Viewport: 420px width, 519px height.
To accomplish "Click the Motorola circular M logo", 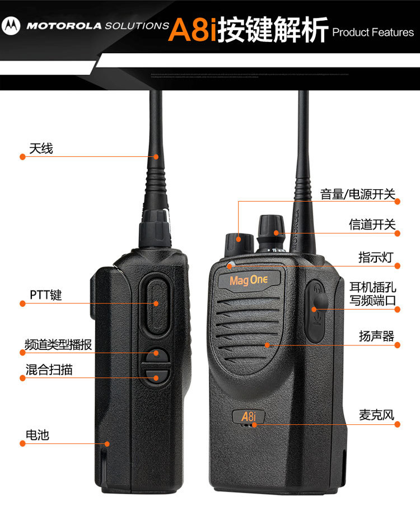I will tap(11, 25).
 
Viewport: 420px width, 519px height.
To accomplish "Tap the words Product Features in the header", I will tap(373, 32).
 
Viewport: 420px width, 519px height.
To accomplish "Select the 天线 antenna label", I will tap(41, 148).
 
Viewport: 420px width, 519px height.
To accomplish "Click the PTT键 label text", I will tap(45, 295).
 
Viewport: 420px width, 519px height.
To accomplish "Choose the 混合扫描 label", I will tap(49, 370).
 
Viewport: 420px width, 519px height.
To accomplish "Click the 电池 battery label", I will tap(37, 434).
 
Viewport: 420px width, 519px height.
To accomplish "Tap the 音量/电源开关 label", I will tap(357, 194).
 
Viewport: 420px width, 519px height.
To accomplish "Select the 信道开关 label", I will tap(372, 225).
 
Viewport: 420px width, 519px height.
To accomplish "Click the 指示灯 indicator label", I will tap(376, 257).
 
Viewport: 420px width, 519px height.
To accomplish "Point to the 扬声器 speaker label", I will tap(376, 336).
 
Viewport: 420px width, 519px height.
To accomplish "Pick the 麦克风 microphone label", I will tap(376, 415).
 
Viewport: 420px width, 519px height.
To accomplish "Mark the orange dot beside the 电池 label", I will tap(23, 443).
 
